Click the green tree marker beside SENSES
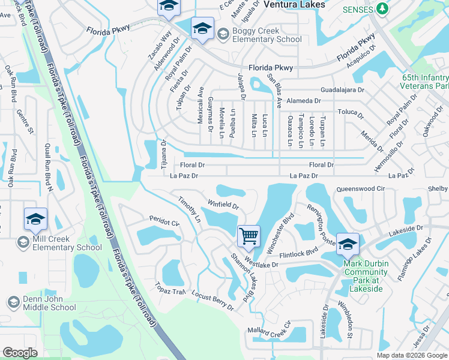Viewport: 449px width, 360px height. pos(381,10)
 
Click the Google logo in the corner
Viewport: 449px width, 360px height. pos(20,353)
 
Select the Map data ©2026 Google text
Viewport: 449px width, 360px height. pos(412,355)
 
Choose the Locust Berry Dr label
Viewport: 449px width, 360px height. pos(212,301)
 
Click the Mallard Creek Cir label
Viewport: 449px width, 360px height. pos(269,331)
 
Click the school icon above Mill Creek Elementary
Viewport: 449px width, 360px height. pos(35,219)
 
